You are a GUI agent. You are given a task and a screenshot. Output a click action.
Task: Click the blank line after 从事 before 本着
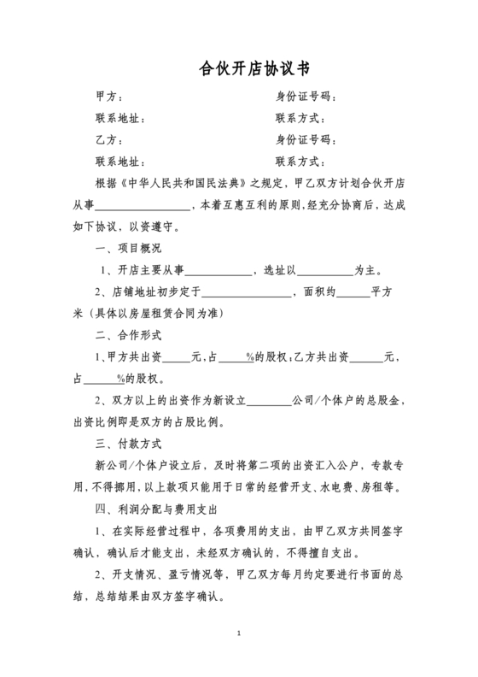pyautogui.click(x=142, y=205)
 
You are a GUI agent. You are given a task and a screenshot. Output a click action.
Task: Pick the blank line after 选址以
pyautogui.click(x=324, y=270)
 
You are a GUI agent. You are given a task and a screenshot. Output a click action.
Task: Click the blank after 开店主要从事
pyautogui.click(x=224, y=270)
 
